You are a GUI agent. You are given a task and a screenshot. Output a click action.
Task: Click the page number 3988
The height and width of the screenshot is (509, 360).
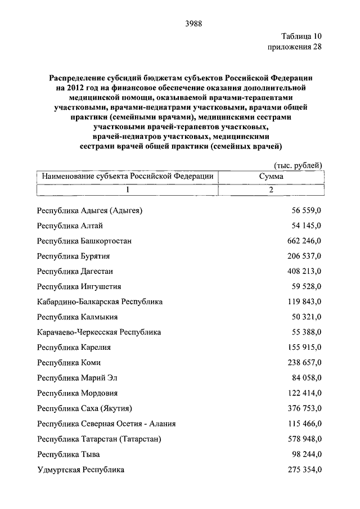pos(193,23)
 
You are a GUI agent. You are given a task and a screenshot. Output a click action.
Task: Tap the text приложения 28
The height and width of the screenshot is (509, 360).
pos(295,47)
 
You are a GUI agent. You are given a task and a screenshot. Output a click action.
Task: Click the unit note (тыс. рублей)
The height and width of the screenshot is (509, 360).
pos(298,165)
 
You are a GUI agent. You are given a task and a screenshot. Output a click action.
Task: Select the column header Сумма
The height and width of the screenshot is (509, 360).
pos(271,177)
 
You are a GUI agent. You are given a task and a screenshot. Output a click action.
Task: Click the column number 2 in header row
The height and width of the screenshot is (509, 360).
pos(271,190)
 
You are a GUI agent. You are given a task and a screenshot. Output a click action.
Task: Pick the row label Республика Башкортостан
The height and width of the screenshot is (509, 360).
pos(84,241)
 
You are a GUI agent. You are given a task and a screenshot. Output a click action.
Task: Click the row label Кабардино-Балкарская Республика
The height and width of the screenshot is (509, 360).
pos(100,301)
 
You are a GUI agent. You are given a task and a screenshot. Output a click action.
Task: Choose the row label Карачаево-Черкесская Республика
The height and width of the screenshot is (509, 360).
pos(99,332)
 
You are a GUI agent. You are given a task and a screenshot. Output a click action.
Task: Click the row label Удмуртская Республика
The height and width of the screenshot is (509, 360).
pos(80,469)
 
